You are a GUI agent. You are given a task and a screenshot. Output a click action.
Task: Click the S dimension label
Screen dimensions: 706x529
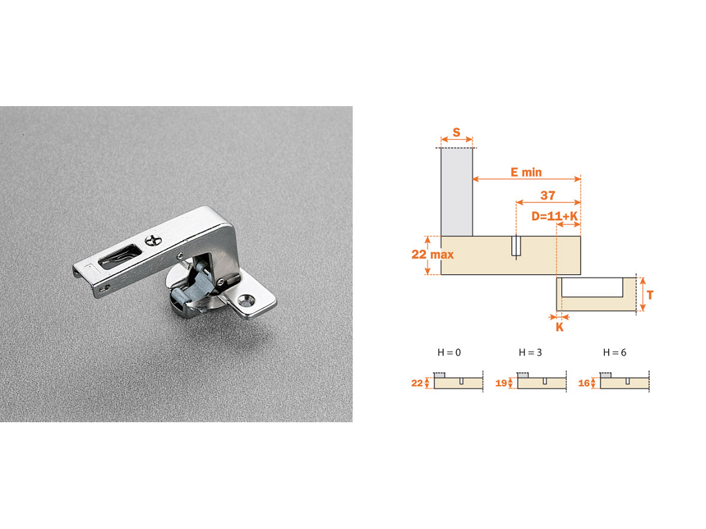tap(456, 132)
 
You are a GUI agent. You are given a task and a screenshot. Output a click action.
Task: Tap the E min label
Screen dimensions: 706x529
tap(526, 172)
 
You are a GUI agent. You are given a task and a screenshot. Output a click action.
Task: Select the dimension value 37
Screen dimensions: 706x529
tap(547, 195)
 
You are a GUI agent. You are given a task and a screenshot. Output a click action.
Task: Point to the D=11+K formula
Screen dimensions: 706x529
tap(554, 216)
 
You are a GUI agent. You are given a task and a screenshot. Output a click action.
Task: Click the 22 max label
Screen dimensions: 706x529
tap(432, 255)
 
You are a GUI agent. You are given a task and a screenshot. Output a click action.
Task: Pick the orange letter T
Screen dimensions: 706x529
tap(650, 295)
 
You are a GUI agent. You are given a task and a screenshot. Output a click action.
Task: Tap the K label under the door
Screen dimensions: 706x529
tap(560, 327)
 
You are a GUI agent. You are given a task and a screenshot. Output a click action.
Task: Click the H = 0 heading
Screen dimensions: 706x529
tap(449, 353)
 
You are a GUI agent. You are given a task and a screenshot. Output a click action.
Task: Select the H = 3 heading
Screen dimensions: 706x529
tap(530, 353)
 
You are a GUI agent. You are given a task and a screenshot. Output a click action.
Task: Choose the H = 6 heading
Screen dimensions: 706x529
tap(614, 353)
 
